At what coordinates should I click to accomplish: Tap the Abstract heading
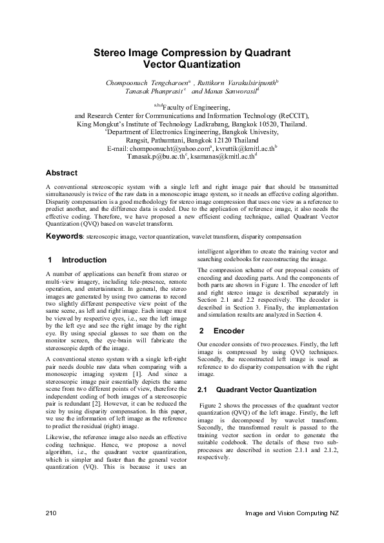pos(61,173)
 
